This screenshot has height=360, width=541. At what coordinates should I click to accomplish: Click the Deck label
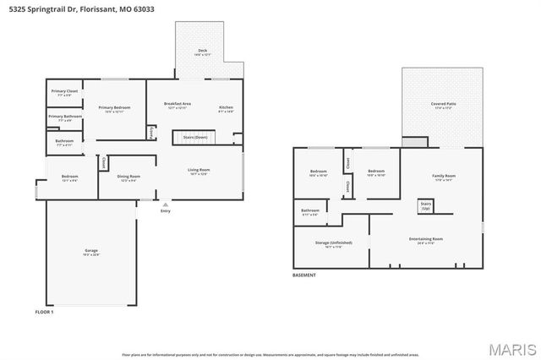click(203, 51)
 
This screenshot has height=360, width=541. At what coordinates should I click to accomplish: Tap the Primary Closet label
click(64, 90)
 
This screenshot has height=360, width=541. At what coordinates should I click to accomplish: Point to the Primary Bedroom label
click(114, 108)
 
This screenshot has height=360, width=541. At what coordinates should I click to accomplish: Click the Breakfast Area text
click(178, 104)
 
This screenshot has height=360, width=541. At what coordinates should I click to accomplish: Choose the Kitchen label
click(226, 108)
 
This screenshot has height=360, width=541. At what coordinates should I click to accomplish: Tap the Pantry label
click(151, 133)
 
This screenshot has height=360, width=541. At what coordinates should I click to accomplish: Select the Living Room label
click(199, 171)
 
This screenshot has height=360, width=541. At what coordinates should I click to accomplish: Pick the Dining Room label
click(129, 177)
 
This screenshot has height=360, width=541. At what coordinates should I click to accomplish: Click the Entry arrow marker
click(165, 204)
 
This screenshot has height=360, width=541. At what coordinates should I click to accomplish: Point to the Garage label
click(91, 252)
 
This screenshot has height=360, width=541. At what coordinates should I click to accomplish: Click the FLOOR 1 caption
click(44, 313)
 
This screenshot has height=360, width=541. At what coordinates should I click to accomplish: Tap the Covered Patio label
click(444, 104)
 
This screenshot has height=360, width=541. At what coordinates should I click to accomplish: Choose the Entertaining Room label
click(426, 239)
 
